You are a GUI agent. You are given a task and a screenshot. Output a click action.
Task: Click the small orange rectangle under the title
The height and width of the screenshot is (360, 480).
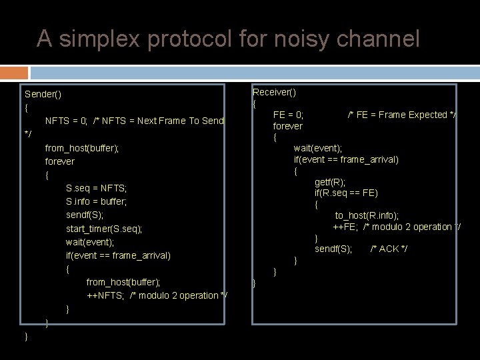coord(14,73)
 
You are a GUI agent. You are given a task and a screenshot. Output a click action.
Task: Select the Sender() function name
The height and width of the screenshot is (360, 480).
coord(43,94)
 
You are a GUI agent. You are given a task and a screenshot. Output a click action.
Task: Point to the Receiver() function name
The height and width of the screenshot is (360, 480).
coord(274,92)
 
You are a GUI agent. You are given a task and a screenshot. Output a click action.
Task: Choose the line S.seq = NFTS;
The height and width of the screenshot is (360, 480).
coord(96,188)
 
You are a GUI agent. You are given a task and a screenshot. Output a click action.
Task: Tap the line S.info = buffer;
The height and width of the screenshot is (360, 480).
coord(96,201)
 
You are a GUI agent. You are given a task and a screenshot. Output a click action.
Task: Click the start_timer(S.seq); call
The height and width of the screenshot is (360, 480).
coord(104,229)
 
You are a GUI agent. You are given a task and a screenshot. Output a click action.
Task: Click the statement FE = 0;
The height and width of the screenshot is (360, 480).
coord(288,115)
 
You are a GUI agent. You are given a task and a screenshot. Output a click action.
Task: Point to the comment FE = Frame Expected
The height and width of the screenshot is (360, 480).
coord(402,115)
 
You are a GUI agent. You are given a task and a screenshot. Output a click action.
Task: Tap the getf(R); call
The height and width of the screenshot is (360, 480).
coord(330,182)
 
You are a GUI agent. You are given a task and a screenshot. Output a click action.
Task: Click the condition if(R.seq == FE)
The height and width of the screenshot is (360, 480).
coord(346,193)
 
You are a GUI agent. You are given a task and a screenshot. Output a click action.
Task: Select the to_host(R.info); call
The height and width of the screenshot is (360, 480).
coord(367,215)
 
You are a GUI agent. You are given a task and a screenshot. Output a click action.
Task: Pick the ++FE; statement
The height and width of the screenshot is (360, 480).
coord(346,227)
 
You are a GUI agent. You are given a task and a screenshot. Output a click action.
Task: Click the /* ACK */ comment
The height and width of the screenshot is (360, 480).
coord(389,249)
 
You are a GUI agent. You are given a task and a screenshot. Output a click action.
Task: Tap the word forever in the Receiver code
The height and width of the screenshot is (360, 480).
coord(287,126)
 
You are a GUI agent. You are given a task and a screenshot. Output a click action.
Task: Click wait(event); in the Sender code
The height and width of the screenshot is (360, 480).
coord(90,242)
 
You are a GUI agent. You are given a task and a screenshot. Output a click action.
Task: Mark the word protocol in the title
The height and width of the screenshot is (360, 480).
coord(190,39)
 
